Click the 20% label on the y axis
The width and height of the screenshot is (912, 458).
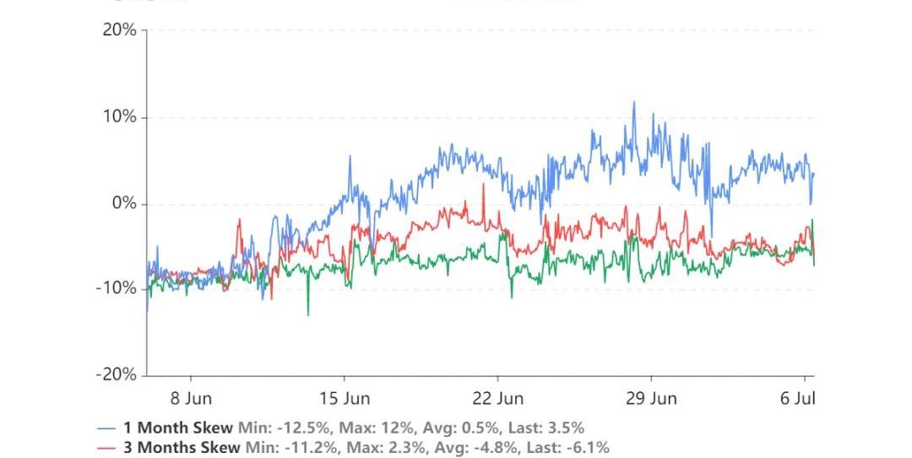[119, 30]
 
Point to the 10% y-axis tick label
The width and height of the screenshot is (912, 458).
[119, 117]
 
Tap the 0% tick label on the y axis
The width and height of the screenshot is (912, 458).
[124, 204]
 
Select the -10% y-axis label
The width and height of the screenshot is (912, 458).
[116, 288]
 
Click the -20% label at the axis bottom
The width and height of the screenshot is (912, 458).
[116, 375]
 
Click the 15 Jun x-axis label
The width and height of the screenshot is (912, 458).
[345, 397]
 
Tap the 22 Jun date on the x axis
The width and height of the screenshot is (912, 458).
[497, 397]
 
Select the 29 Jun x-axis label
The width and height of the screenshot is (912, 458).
[651, 397]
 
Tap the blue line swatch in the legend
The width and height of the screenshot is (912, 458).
[106, 428]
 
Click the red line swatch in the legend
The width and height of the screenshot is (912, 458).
[106, 448]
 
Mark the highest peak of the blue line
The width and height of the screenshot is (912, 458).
[634, 103]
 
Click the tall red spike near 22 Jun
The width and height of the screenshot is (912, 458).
[483, 186]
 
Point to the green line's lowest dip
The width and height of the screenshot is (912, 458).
[307, 315]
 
